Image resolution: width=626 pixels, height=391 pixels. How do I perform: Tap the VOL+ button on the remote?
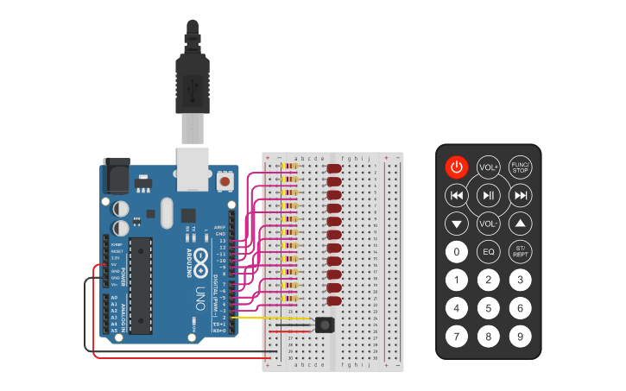coord(489,167)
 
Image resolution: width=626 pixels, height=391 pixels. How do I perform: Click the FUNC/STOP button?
coord(520,167)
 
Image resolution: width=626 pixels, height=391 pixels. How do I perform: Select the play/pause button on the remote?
coord(489,196)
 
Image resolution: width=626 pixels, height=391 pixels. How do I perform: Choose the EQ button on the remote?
coord(489,252)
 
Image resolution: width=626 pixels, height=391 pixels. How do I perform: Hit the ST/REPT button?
coord(520,252)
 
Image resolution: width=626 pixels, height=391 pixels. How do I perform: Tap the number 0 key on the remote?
coord(457,252)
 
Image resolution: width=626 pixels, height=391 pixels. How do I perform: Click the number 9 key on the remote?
coord(520,336)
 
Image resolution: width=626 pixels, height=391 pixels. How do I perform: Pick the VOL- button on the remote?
coord(489,224)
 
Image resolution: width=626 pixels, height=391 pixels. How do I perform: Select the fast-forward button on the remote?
coord(520,196)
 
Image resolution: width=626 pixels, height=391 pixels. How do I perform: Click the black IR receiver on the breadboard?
coord(325,325)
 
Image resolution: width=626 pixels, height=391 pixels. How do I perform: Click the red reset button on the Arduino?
coord(225,181)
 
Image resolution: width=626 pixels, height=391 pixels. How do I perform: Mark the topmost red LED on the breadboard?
coord(333,169)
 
